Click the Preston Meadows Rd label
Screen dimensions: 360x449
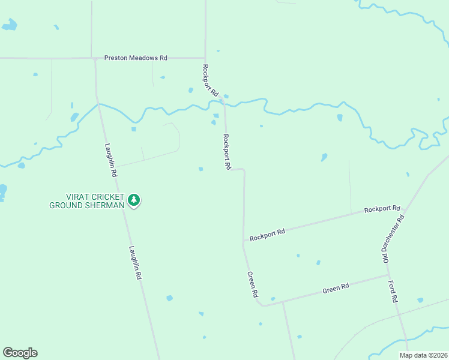pos(136,58)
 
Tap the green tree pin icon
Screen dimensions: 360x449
pos(134,200)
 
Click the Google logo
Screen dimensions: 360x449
pos(20,353)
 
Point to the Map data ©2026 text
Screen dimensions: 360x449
pos(423,355)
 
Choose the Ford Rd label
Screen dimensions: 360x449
pos(393,292)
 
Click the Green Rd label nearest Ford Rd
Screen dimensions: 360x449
pos(336,289)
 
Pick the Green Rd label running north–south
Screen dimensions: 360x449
pos(253,285)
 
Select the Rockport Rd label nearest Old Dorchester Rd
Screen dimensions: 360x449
pos(382,209)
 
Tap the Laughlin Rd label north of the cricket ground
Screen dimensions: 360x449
pos(110,160)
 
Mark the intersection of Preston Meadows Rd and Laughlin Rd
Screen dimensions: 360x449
pos(95,59)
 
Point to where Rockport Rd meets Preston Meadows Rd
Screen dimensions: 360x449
pos(205,58)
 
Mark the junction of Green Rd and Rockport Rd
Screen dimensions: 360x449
pos(243,243)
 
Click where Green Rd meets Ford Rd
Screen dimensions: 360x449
pos(388,275)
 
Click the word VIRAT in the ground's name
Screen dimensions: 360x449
pos(77,197)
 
